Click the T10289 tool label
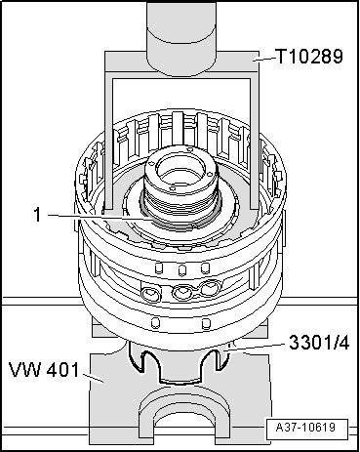click(x=309, y=57)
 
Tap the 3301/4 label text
click(x=319, y=343)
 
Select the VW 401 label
click(x=44, y=370)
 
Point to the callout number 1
click(x=38, y=215)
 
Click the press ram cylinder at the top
click(x=181, y=37)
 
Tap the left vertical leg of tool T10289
click(x=108, y=144)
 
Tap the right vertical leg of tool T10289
click(x=255, y=144)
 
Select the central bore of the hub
click(x=180, y=171)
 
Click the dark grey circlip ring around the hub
click(x=180, y=225)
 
